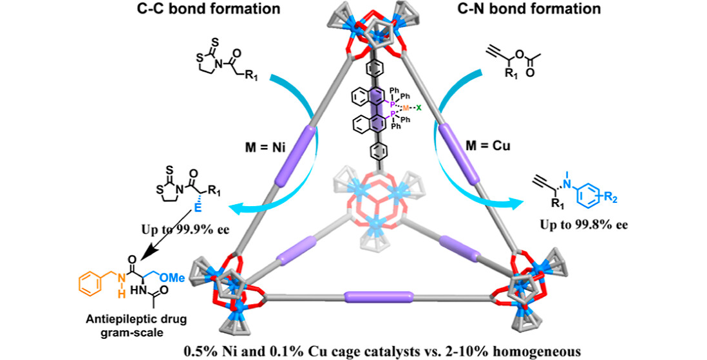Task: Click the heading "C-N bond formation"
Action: (x=555, y=10)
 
